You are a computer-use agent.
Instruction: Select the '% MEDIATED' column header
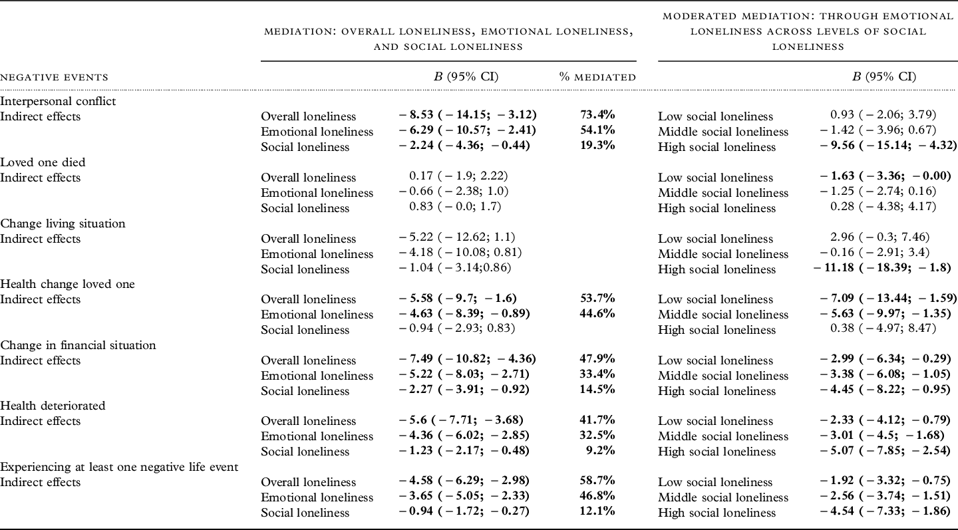(597, 77)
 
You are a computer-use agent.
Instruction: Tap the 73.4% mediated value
(597, 116)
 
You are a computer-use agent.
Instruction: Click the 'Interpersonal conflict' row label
(58, 101)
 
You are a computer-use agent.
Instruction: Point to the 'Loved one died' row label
(43, 162)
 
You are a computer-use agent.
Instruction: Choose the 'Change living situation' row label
(63, 223)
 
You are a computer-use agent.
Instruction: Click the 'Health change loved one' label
(67, 284)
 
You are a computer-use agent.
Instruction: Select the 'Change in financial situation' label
(78, 345)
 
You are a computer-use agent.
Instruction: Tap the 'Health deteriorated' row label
(53, 406)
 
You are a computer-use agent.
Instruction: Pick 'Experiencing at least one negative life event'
(119, 467)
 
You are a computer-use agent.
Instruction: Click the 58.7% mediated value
(597, 481)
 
